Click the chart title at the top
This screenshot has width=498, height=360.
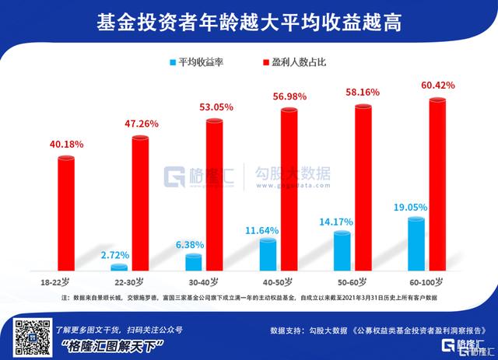(x=249, y=18)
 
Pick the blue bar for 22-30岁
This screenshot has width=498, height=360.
(x=119, y=267)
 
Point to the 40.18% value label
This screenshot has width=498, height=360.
(x=65, y=145)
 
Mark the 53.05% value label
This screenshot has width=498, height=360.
(x=213, y=108)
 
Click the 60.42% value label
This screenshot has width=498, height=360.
(x=437, y=84)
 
